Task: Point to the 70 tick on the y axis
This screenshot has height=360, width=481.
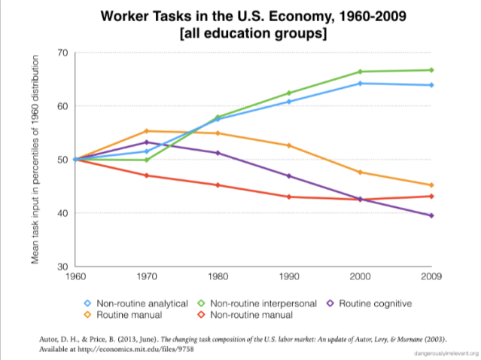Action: [x=62, y=53]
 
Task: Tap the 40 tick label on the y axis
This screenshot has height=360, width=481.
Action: [x=62, y=213]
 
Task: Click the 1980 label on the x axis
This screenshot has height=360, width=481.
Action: [x=218, y=276]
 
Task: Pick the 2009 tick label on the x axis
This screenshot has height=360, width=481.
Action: [x=431, y=276]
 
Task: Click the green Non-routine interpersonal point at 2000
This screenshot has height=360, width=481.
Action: [x=361, y=72]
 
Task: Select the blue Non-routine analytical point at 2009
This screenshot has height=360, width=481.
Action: [x=431, y=85]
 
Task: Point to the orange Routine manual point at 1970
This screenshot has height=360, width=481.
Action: [x=146, y=131]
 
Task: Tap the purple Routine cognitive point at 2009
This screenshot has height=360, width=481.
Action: [x=431, y=215]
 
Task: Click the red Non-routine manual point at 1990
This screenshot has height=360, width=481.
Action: [x=288, y=197]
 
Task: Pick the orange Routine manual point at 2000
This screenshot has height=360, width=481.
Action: [x=361, y=172]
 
